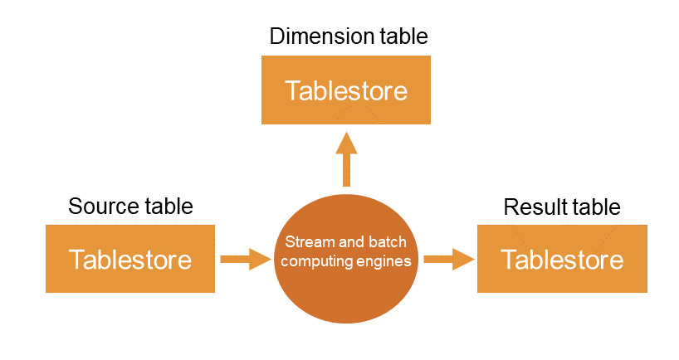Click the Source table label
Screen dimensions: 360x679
tap(130, 206)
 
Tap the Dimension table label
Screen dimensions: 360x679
tap(349, 36)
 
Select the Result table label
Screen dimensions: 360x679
tap(562, 206)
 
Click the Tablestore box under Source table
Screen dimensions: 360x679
tap(130, 259)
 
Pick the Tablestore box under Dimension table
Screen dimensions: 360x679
tap(346, 90)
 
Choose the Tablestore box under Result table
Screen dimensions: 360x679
tap(562, 259)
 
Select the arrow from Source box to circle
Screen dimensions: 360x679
tap(246, 259)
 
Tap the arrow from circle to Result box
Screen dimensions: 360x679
tap(449, 259)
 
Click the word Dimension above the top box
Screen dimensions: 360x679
tap(318, 36)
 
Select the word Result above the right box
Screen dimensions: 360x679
tap(531, 206)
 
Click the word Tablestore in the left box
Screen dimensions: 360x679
tap(130, 260)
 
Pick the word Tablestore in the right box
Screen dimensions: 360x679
tap(562, 260)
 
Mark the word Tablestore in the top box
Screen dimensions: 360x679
tap(346, 90)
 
